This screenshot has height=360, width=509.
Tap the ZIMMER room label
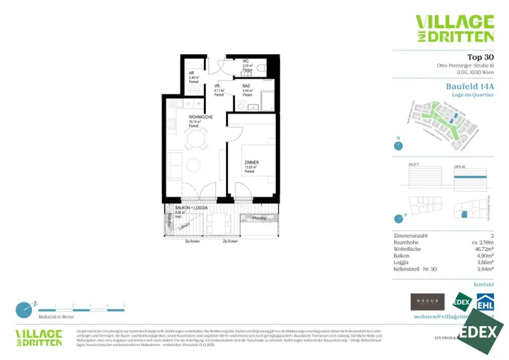pos(251,163)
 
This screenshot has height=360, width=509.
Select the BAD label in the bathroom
pos(247,86)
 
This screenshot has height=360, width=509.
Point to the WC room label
pos(246,61)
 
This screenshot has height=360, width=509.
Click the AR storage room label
pos(191,73)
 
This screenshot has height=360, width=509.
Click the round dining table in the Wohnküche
pos(194,140)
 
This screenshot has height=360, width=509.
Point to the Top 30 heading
pos(480,57)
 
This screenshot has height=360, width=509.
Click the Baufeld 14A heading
pos(470,86)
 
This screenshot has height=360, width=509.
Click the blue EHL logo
pos(485,302)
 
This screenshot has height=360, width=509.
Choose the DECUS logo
pos(427,302)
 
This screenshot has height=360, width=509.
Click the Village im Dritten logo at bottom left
pos(38,338)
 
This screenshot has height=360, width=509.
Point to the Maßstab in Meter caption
pos(56,316)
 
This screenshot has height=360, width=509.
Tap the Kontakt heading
pos(483,284)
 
